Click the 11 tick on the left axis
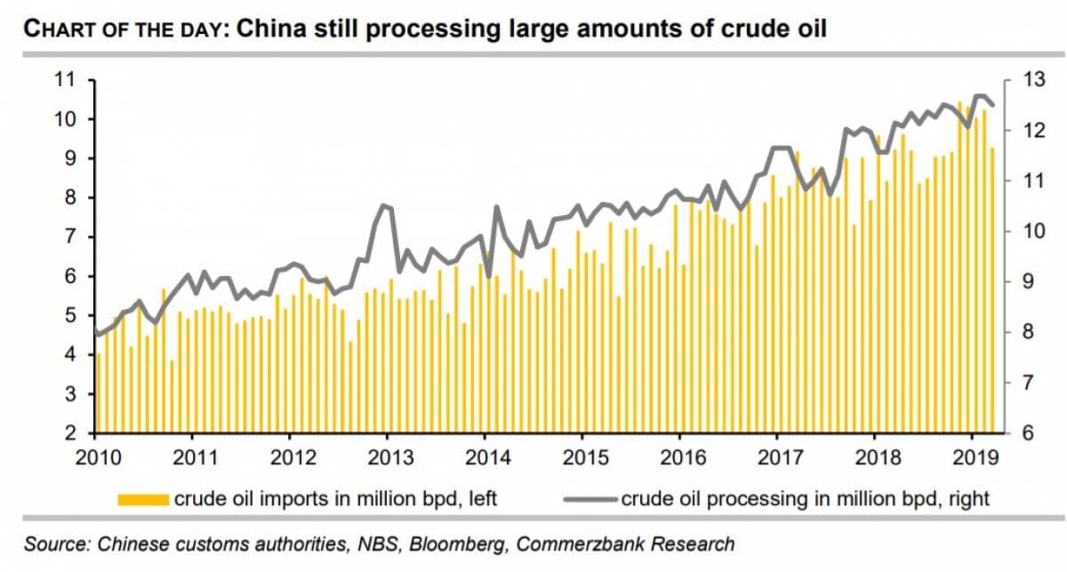pos(63,80)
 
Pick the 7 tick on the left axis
pos(68,237)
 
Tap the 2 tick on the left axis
pos(68,433)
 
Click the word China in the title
pos(270,29)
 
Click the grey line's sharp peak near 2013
pos(383,205)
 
